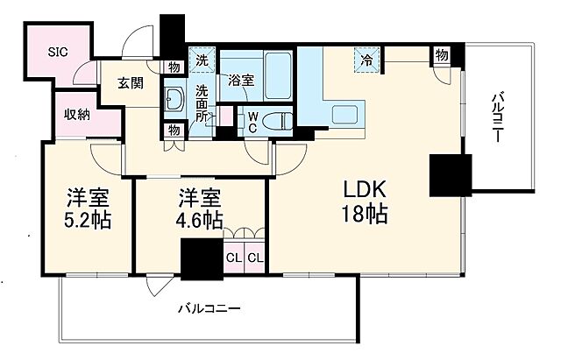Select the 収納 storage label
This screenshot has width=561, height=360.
pyautogui.click(x=76, y=115)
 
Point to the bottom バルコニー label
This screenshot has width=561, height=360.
pyautogui.click(x=209, y=308)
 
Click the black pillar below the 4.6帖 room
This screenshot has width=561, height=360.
pyautogui.click(x=201, y=259)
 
